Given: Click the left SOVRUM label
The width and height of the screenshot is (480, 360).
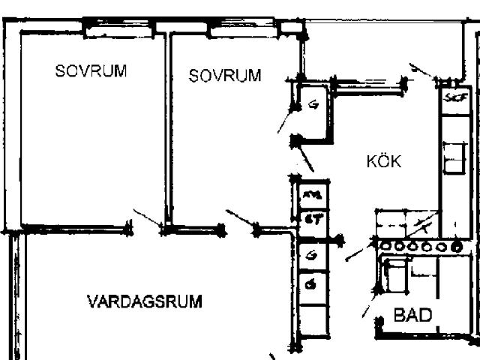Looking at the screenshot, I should point(91,71).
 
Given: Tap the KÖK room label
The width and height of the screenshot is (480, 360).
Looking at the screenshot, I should point(384,161).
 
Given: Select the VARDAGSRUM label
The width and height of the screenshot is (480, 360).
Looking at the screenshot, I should point(145,302).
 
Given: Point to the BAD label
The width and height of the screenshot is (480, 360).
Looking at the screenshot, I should point(413,316).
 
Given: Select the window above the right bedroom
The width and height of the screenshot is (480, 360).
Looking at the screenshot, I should point(243,31).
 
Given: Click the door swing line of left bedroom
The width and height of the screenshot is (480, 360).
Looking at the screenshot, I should point(147,218).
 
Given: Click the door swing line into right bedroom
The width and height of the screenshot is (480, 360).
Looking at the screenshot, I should point(240,218).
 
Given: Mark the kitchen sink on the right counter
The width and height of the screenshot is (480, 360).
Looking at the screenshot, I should point(453,157).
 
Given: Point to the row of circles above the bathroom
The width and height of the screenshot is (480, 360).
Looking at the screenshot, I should point(420,246).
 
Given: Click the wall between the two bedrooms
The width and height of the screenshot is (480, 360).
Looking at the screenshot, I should point(168,127).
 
